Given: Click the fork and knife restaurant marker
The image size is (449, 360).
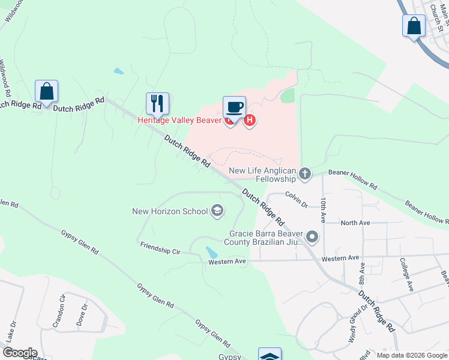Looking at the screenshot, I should pyautogui.click(x=157, y=103).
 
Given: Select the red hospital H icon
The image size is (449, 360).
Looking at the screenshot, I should pyautogui.click(x=250, y=121).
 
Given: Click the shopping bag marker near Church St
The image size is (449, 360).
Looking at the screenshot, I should pyautogui.click(x=414, y=26).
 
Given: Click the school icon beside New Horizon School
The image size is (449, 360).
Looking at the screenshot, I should pyautogui.click(x=217, y=211).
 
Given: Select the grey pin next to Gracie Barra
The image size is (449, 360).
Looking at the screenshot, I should pyautogui.click(x=312, y=238).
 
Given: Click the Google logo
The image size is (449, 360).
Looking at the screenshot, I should pyautogui.click(x=19, y=353).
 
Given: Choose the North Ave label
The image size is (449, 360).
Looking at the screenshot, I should pyautogui.click(x=355, y=223).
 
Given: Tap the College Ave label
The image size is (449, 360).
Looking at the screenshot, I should pyautogui.click(x=406, y=274).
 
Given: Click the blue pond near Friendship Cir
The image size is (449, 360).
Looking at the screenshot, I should pyautogui.click(x=212, y=252).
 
